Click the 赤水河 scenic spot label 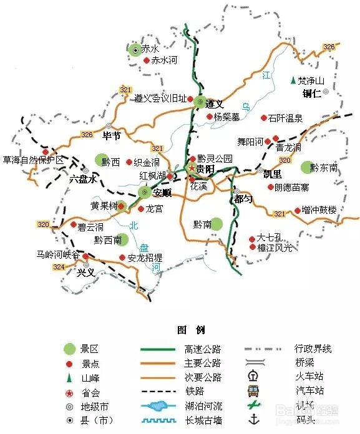tap(165, 60)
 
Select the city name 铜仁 tap(311, 94)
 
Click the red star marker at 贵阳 tap(191, 169)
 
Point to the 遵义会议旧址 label tap(160, 99)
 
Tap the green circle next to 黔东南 tap(305, 167)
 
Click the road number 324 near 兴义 tap(59, 267)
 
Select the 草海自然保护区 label tap(33, 160)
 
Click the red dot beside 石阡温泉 tap(263, 117)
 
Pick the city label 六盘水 tap(84, 179)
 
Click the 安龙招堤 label tap(145, 258)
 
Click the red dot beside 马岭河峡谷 tap(85, 254)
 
